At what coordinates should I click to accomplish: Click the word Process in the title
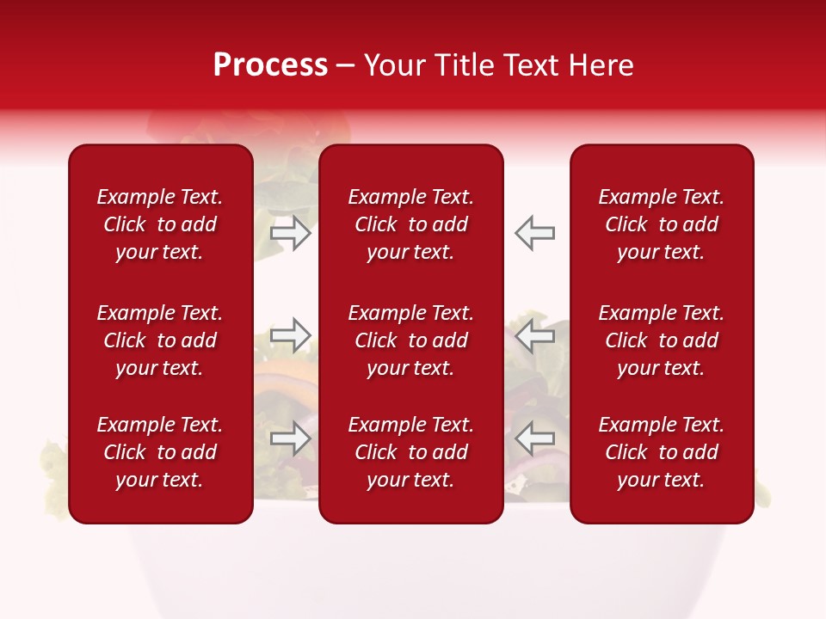270,65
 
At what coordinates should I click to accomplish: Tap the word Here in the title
601,65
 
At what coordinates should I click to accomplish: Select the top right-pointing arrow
290,232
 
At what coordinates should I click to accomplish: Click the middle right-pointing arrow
290,335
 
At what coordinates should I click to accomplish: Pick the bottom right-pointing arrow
290,438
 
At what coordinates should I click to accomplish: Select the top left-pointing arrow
535,232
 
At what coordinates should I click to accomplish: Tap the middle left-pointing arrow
535,335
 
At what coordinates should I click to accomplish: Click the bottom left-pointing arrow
535,438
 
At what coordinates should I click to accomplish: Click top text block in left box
160,224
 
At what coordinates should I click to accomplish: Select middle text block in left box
160,340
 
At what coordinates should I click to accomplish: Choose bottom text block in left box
160,452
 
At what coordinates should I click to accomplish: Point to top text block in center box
410,224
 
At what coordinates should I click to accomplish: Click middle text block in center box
410,340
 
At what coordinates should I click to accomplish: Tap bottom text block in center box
410,452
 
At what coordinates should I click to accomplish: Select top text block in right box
661,224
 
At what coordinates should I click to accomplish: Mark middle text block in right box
661,340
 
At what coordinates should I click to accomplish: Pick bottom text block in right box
661,452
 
